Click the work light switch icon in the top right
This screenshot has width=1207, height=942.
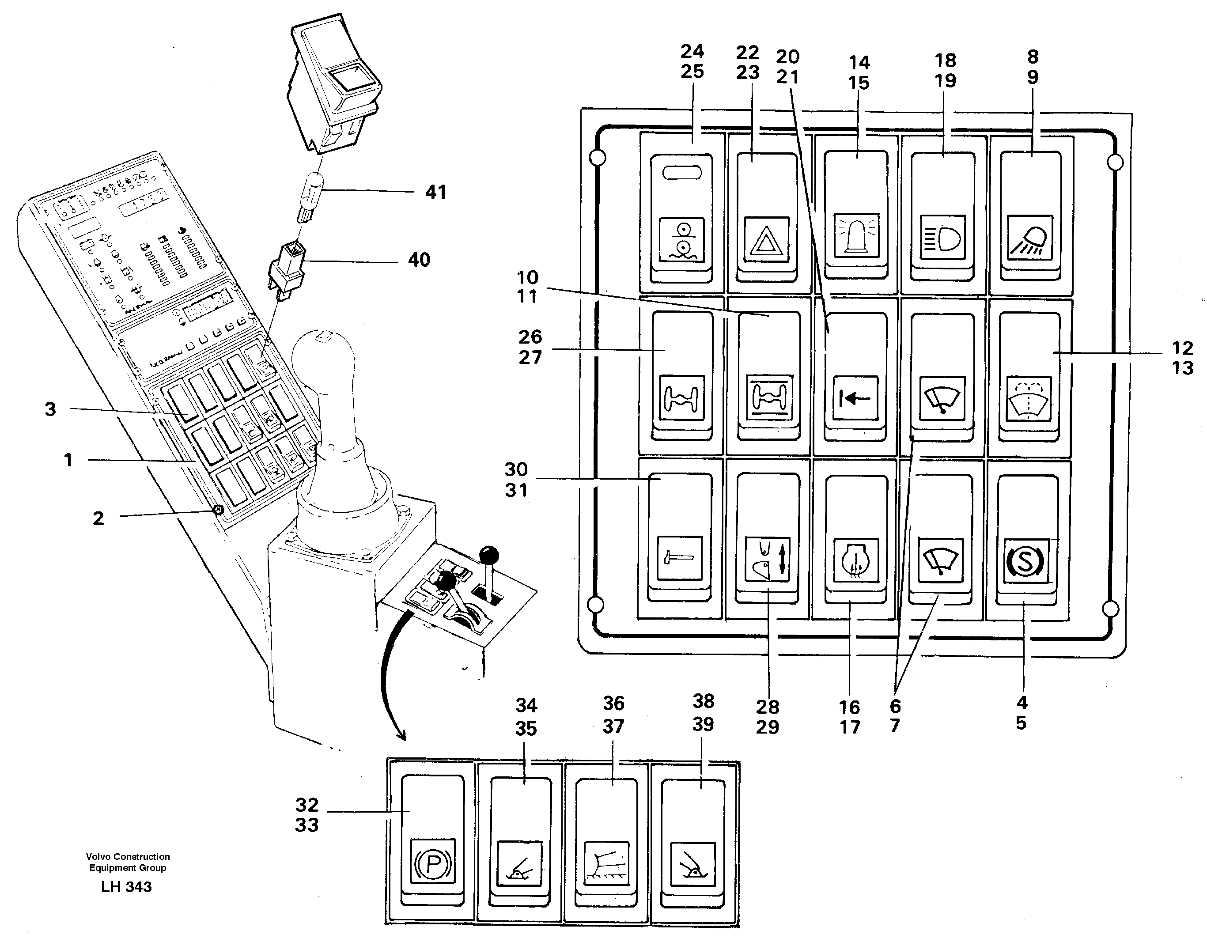point(1029,238)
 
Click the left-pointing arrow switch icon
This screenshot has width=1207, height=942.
point(855,398)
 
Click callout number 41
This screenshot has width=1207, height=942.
point(435,192)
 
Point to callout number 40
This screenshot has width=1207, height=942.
point(418,260)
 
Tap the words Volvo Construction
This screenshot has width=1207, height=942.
point(128,856)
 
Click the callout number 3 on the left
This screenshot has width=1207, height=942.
point(50,409)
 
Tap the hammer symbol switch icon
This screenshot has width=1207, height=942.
point(679,557)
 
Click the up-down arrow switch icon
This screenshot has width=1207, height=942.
point(768,559)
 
